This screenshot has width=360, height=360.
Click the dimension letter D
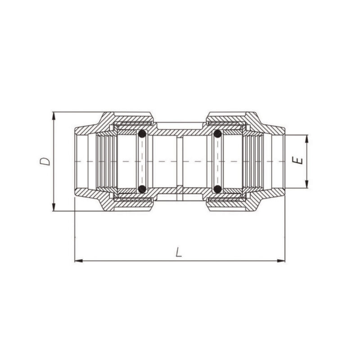coord(45,162)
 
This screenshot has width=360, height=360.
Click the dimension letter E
coord(297,161)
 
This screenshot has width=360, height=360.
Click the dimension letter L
coord(179,252)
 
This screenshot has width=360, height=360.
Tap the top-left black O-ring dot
coord(142,134)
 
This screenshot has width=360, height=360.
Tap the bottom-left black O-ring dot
coord(142,189)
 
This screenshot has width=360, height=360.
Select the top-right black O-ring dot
coord(217,134)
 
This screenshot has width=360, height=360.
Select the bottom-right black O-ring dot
coord(217,189)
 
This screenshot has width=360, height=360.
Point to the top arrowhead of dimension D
coord(54,116)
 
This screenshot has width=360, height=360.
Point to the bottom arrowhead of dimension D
coord(54,207)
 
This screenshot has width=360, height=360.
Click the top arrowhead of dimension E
coord(307,139)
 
